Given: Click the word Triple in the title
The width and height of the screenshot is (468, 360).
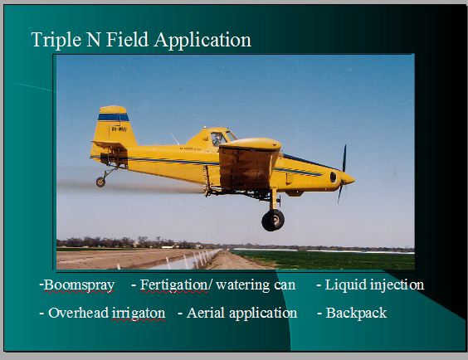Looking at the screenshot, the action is tap(56, 40).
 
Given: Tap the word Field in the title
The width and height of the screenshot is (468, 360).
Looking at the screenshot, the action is tap(127, 39).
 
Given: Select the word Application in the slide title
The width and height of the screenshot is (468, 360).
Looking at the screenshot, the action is tap(202, 40).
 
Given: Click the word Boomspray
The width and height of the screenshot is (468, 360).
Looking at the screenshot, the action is tap(79, 285).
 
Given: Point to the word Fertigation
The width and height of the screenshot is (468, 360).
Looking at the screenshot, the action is tap(173, 285).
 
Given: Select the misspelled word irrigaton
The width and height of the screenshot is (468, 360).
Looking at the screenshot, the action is tap(139, 314).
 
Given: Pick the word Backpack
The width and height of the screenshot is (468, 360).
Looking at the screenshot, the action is tap(356, 314).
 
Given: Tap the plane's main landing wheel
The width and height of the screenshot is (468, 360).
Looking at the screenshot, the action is tap(273, 220).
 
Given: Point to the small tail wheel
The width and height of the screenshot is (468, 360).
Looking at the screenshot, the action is tap(100, 182).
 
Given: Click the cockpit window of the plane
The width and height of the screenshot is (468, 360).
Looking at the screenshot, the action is tap(218, 139).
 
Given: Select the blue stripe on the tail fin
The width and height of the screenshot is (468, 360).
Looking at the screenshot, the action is tap(114, 117).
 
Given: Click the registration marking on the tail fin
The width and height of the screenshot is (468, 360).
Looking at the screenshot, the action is tap(119, 129).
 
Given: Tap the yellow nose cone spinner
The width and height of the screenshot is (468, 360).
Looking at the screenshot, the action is tap(348, 179).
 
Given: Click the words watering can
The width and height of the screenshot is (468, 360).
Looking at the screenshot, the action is tap(256, 285).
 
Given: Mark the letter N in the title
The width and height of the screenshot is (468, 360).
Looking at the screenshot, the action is tap(94, 39).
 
